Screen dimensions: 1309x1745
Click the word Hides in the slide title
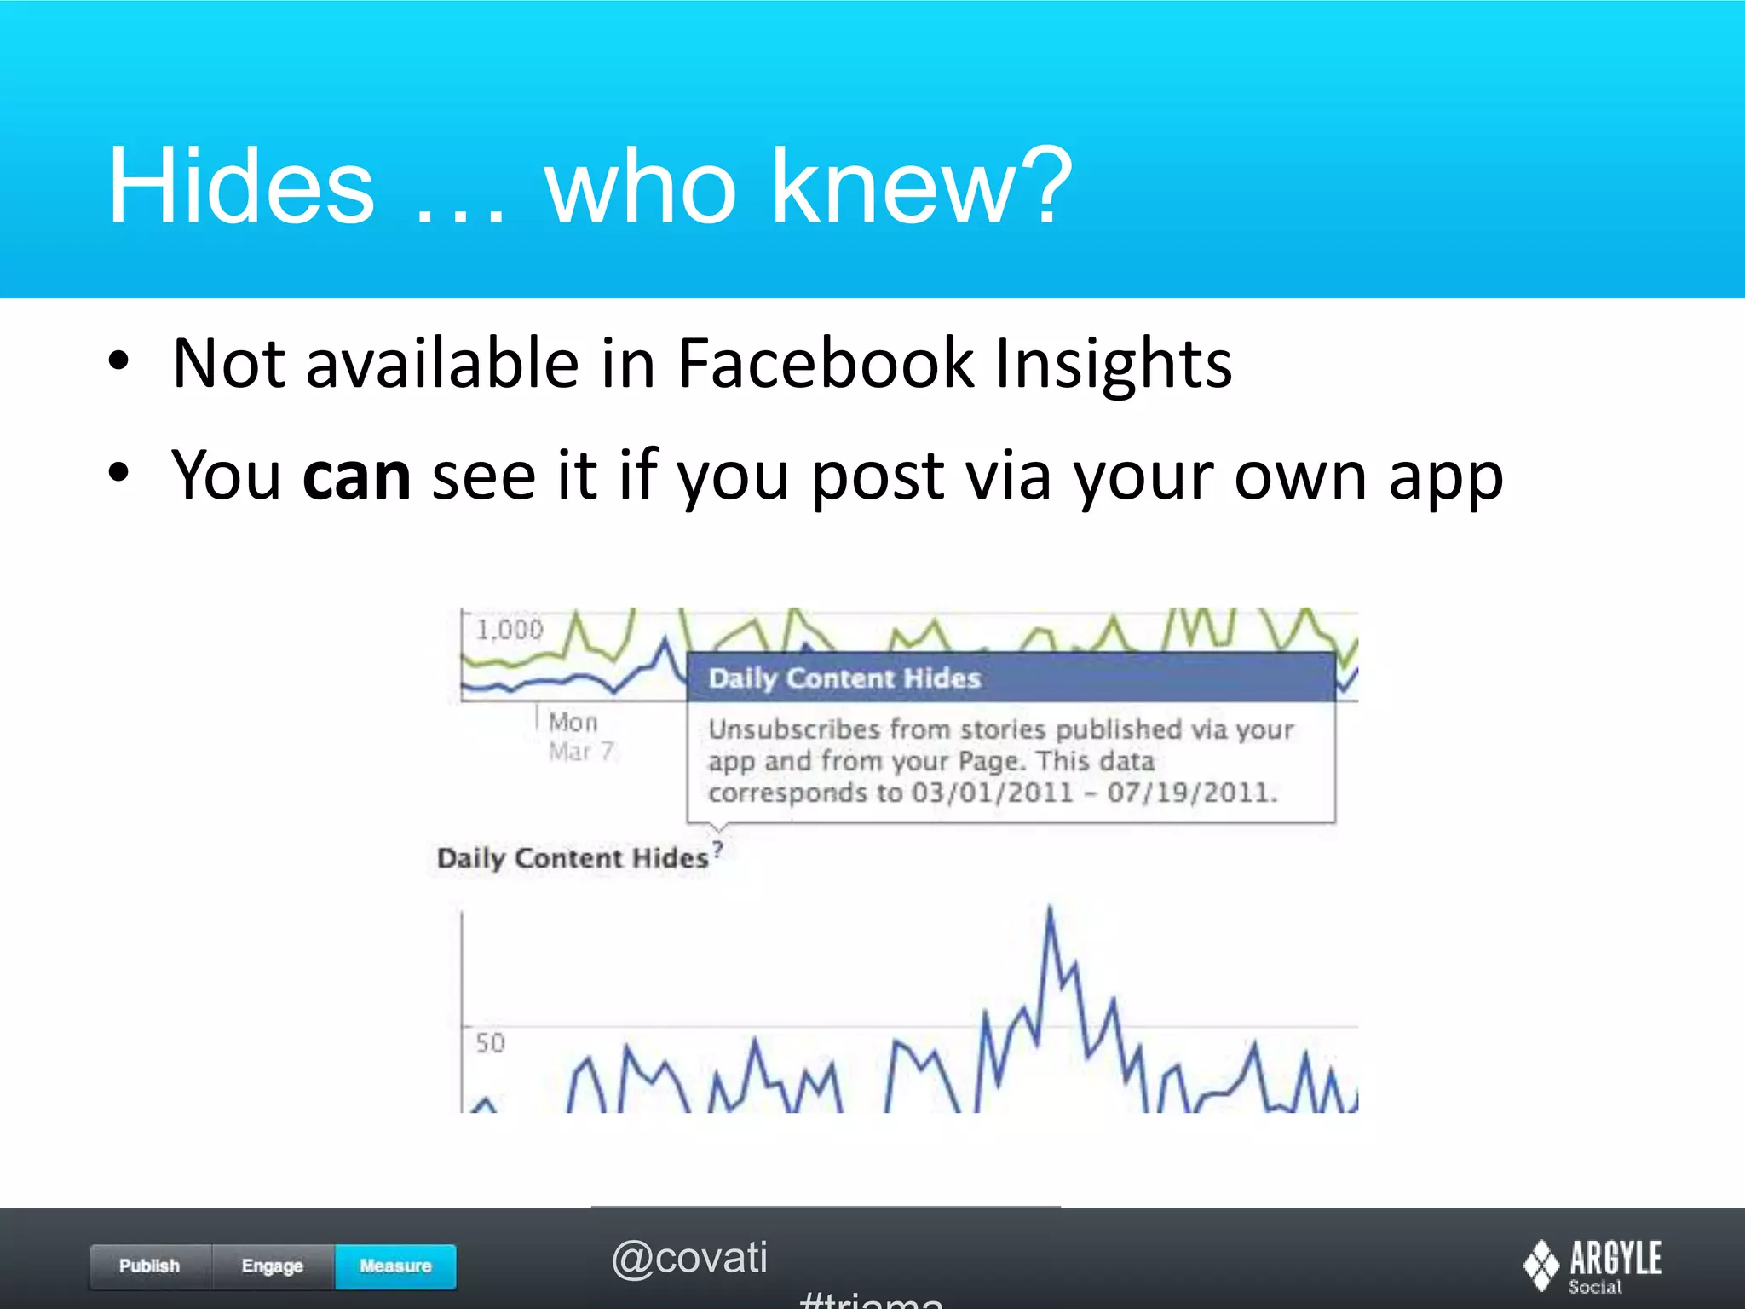point(240,186)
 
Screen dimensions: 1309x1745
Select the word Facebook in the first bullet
point(825,364)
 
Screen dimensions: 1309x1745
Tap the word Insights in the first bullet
point(1114,364)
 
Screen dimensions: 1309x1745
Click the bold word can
point(356,476)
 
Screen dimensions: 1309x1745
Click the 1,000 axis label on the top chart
point(510,631)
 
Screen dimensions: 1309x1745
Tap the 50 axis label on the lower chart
point(490,1043)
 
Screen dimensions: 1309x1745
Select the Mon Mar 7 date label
point(579,736)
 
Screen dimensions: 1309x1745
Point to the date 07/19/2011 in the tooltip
point(1190,793)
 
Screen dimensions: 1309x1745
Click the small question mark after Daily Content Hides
point(718,849)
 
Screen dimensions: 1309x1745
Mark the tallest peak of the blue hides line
point(1049,910)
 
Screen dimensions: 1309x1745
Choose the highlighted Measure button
point(395,1266)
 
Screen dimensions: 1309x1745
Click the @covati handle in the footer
point(689,1258)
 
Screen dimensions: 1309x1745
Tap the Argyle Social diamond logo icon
point(1541,1265)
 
